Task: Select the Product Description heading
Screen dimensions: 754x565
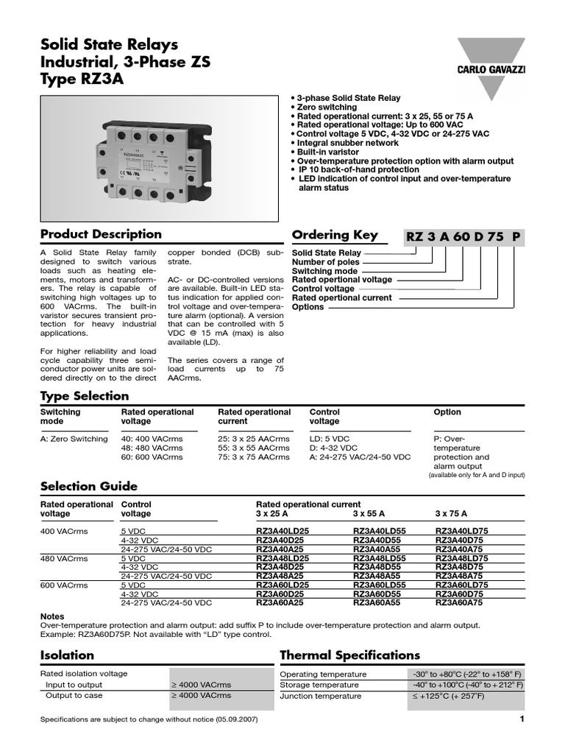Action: tap(101, 234)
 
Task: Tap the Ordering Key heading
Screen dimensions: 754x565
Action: tap(335, 235)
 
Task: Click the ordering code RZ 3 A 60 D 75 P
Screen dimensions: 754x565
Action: tap(464, 236)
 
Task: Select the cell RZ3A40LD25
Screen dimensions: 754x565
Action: tap(282, 530)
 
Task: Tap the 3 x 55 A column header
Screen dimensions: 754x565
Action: tap(371, 514)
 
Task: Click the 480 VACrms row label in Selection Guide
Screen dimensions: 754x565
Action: tap(65, 558)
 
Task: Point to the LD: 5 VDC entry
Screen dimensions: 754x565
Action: tap(330, 439)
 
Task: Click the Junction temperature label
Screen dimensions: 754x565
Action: tap(321, 696)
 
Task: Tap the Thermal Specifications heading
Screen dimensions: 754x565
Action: tap(350, 655)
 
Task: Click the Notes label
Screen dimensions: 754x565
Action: tap(52, 616)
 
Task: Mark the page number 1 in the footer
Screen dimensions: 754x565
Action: tap(521, 719)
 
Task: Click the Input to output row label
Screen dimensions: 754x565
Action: tap(74, 685)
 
